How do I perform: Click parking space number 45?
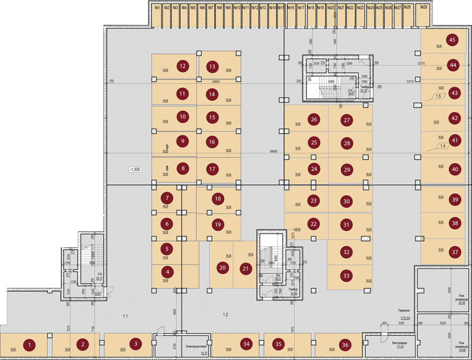coord(453,40)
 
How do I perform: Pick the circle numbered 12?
coord(183,66)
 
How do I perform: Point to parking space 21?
coord(245,268)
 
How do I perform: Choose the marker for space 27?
coord(347,120)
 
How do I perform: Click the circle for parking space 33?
coord(346,275)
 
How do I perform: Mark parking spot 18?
coord(218,199)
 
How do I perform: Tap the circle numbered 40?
coord(454,169)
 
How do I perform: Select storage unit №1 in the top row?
coord(158,8)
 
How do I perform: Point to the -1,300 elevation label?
coord(135,169)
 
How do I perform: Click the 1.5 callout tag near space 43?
coord(438,96)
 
